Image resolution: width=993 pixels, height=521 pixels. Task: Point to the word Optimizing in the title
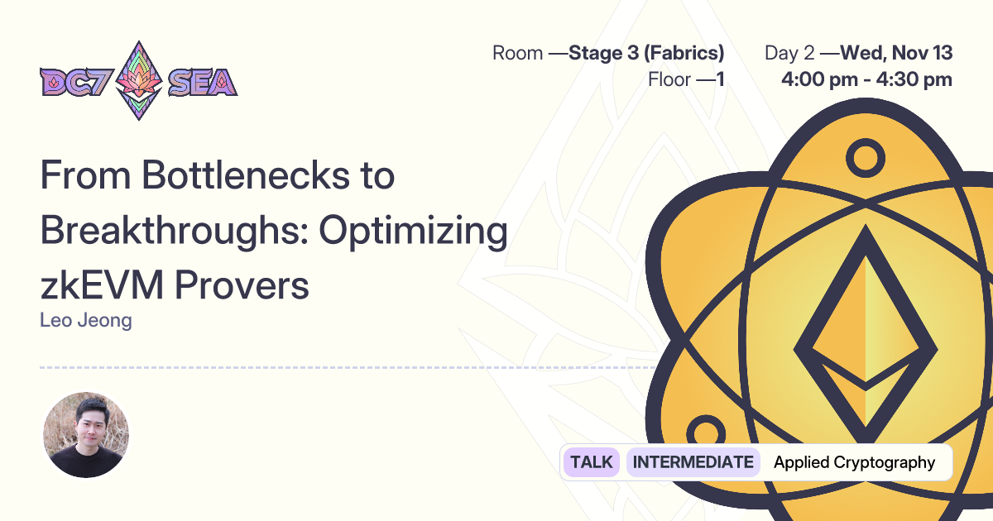tap(413, 232)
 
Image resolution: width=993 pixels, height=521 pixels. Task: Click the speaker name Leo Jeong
tap(85, 320)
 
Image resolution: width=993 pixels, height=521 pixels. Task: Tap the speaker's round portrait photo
tap(86, 434)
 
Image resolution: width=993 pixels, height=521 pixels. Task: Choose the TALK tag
tap(592, 462)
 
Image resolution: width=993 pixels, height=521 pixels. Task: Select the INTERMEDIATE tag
tap(693, 462)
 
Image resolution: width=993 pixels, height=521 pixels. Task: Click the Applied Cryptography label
tap(854, 462)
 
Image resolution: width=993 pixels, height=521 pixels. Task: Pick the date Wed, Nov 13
tap(896, 54)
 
